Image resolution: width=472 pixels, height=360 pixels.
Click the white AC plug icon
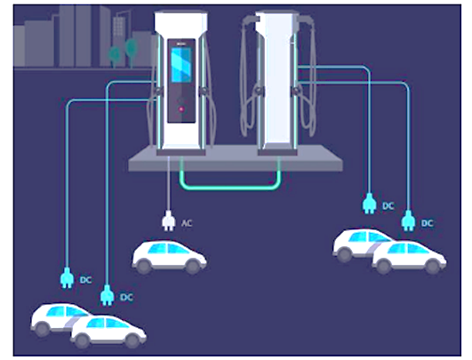pyautogui.click(x=169, y=220)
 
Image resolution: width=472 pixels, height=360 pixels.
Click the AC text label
pyautogui.click(x=187, y=223)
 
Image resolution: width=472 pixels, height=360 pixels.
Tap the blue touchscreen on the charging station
pyautogui.click(x=181, y=65)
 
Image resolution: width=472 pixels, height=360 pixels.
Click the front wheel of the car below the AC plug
pyautogui.click(x=193, y=267)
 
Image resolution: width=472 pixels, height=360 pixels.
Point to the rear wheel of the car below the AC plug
pyautogui.click(x=144, y=267)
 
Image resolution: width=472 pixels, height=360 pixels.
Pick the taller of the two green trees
pyautogui.click(x=132, y=52)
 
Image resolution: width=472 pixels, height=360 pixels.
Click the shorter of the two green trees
pyautogui.click(x=115, y=56)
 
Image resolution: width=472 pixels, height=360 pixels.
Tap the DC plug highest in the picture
pyautogui.click(x=370, y=204)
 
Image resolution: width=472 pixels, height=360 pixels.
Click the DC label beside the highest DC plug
pyautogui.click(x=388, y=206)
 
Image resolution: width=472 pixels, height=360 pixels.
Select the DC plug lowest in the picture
pyautogui.click(x=108, y=295)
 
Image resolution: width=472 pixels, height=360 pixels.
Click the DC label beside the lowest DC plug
pyautogui.click(x=126, y=298)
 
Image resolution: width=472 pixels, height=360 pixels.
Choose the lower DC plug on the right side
pyautogui.click(x=408, y=220)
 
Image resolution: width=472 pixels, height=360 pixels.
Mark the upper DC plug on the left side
pyautogui.click(x=68, y=278)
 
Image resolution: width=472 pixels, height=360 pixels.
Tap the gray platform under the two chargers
pyautogui.click(x=236, y=159)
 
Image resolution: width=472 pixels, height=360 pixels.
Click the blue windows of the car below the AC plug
pyautogui.click(x=168, y=248)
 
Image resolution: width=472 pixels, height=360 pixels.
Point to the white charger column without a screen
pyautogui.click(x=277, y=81)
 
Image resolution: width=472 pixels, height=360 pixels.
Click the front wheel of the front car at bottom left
pyautogui.click(x=132, y=341)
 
